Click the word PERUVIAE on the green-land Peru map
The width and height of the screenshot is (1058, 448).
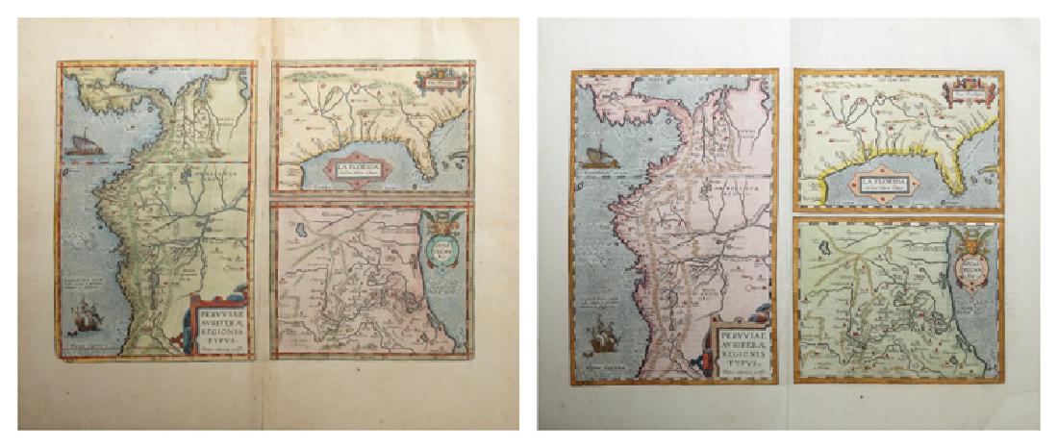(x=220, y=310)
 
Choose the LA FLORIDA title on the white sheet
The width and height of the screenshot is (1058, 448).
(x=885, y=183)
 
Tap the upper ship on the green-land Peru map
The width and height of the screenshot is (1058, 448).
(x=85, y=144)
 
